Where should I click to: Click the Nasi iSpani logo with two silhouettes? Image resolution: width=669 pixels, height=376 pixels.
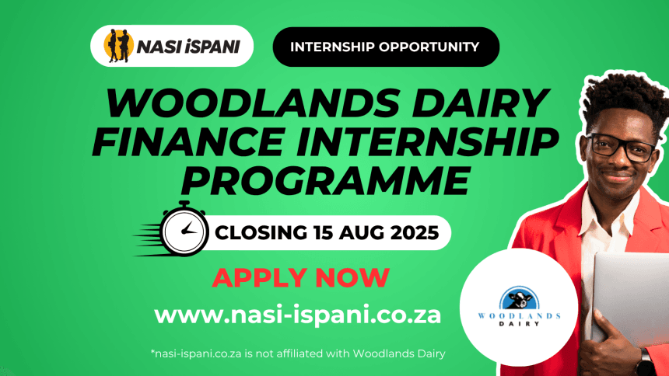pos(171,46)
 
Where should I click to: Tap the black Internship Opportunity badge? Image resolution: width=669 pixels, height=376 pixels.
pos(386,47)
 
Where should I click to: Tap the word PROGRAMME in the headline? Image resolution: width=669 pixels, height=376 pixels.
pos(325,180)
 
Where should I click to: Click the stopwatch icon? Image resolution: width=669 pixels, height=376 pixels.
pos(184,229)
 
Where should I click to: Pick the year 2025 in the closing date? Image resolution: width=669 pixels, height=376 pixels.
pos(415,233)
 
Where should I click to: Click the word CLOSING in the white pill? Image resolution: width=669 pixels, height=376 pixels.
pos(261,233)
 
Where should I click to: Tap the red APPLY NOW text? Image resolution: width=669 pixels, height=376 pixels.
pos(301,278)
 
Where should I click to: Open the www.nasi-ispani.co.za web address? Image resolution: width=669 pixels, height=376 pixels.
pos(297,315)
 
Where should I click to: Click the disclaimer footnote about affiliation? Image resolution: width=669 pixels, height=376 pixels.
pos(298,353)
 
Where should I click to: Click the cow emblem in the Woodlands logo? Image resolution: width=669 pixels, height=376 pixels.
pos(519,298)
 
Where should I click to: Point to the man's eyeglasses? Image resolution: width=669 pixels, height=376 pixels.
pos(622,147)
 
